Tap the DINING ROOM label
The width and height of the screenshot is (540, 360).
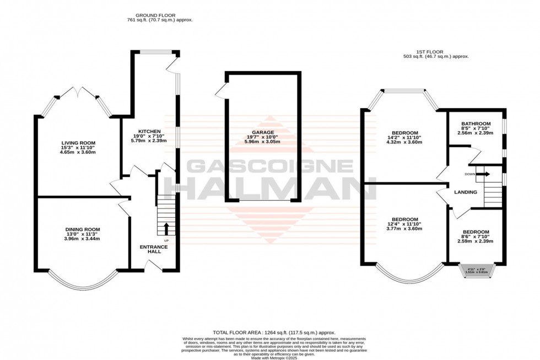(x=83, y=229)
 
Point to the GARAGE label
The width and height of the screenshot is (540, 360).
(x=262, y=132)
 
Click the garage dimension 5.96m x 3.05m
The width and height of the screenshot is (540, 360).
(x=262, y=142)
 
